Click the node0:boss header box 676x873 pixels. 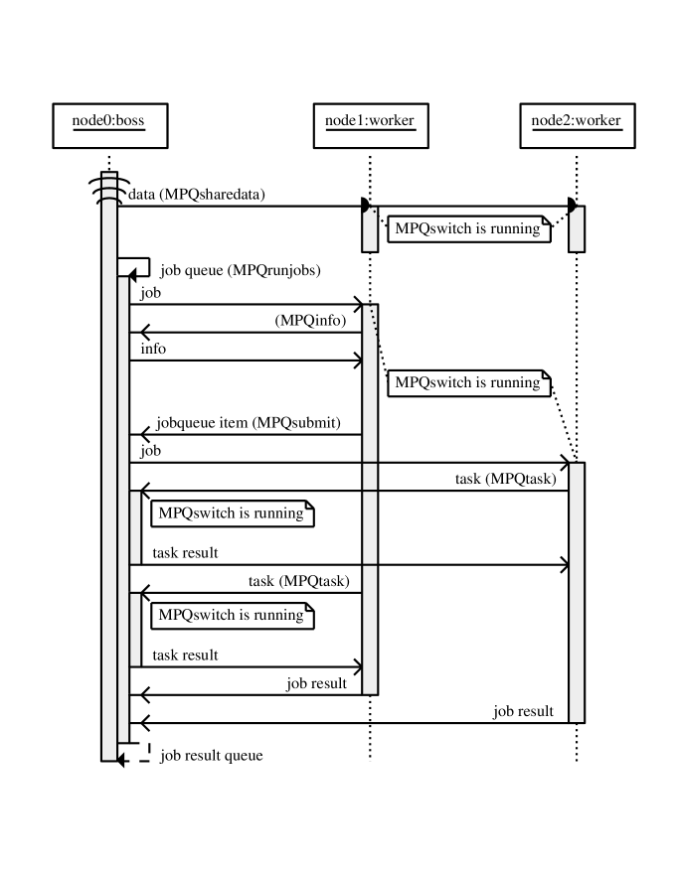[107, 122]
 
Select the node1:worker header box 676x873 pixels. [370, 122]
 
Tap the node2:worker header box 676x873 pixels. [577, 122]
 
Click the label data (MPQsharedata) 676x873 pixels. [197, 195]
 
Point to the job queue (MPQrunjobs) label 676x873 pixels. [240, 270]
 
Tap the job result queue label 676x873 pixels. [212, 756]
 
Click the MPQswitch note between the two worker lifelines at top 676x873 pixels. [468, 228]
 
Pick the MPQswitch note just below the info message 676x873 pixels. [468, 382]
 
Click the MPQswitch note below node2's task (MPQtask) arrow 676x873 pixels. [232, 513]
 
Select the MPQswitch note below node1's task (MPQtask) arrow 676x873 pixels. [232, 615]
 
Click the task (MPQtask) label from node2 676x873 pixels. [505, 479]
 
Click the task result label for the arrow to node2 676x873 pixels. [185, 552]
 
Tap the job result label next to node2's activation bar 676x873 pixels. [523, 711]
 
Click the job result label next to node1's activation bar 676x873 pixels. [316, 682]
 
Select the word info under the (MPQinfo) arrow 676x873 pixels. [153, 349]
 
